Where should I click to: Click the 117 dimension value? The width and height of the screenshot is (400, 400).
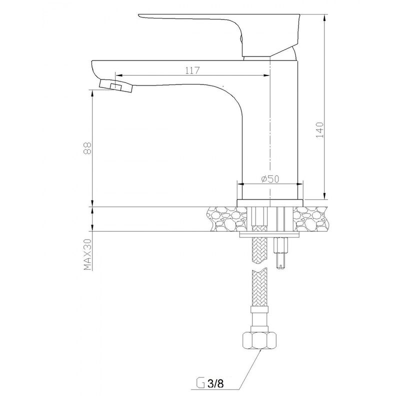(x=192, y=71)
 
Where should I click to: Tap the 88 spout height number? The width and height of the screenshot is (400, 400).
(x=88, y=148)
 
